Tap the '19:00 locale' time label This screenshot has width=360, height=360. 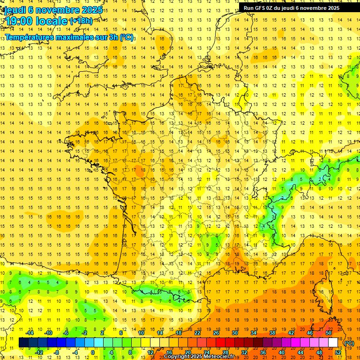(36, 21)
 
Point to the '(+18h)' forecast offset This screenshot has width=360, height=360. (81, 21)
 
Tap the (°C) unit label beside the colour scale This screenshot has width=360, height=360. (349, 343)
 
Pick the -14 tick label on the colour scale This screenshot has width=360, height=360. (30, 333)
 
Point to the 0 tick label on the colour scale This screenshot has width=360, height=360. (93, 352)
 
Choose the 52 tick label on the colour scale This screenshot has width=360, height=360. (338, 352)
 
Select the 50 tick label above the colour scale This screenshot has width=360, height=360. (329, 333)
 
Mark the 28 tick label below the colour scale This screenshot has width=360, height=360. (225, 352)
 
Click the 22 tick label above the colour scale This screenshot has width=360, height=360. (197, 333)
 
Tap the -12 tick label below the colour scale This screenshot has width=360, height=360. (39, 352)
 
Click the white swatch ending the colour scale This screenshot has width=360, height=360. (333, 343)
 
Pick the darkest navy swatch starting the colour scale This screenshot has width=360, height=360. (23, 343)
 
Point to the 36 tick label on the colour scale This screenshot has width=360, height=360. (263, 352)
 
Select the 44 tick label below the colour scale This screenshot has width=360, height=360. (300, 352)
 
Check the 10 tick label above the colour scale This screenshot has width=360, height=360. (141, 333)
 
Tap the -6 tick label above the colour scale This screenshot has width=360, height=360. (66, 333)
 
